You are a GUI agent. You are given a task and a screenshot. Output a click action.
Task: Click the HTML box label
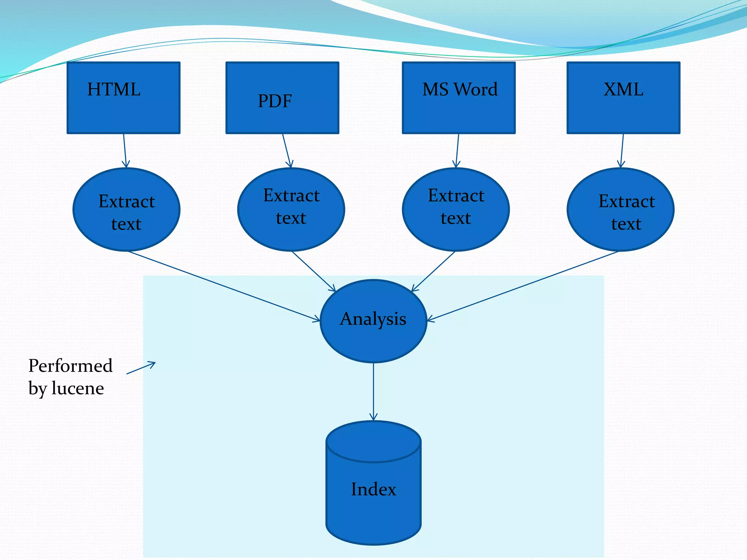[114, 90]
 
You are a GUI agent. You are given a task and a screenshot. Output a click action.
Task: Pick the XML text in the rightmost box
[623, 90]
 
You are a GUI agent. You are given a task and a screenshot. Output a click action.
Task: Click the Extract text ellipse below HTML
[127, 210]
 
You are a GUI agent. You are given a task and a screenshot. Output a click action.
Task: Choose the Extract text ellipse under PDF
[291, 210]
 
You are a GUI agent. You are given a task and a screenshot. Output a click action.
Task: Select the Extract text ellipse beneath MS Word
[456, 210]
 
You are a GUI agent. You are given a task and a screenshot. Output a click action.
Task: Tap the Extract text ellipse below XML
[620, 210]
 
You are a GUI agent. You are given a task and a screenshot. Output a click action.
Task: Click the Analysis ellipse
[373, 321]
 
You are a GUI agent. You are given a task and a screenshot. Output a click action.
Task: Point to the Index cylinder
[373, 489]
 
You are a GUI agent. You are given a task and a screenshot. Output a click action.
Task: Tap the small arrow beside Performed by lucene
[141, 368]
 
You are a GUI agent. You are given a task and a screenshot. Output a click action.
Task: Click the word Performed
[70, 366]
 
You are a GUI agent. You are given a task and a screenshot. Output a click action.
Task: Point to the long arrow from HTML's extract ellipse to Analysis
[224, 286]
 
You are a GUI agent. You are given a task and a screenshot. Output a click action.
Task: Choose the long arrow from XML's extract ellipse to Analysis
[523, 286]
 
